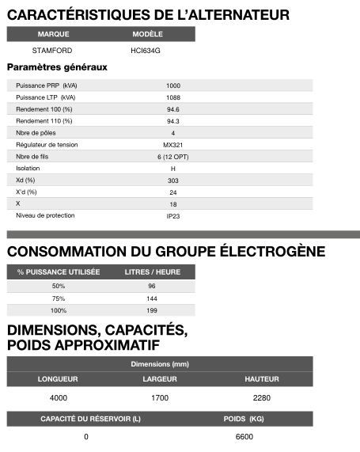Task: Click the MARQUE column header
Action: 54,35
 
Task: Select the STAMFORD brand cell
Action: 54,50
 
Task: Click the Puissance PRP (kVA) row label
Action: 47,85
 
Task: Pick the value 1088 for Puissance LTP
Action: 172,97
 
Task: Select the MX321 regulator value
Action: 172,144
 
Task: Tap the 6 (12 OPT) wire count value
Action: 172,156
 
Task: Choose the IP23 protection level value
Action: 172,215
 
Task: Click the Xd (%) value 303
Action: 172,180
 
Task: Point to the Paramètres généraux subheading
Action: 57,67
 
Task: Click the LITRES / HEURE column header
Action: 151,272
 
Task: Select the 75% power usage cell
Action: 59,298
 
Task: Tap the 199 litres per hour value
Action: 151,310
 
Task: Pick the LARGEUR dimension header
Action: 159,379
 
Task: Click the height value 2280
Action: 261,397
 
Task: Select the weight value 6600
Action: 244,436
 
